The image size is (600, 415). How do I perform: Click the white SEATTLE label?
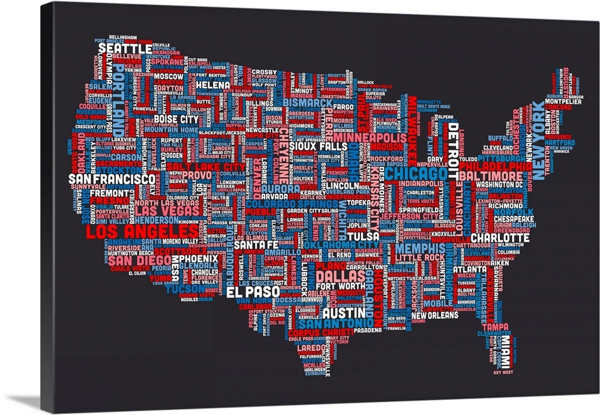tap(125, 47)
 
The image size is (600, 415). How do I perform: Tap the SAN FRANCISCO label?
tap(112, 179)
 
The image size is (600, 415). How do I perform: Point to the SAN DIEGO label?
tap(135, 261)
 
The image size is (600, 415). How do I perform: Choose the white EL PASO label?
tap(253, 292)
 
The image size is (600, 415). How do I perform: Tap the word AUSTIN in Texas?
tap(344, 313)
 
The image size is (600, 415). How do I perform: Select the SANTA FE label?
tap(256, 245)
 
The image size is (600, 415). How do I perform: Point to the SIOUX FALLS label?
tap(314, 147)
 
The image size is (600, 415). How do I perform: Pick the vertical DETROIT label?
tap(453, 145)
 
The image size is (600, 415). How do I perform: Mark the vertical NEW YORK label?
tap(538, 140)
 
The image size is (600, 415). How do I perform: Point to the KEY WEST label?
tap(503, 372)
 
